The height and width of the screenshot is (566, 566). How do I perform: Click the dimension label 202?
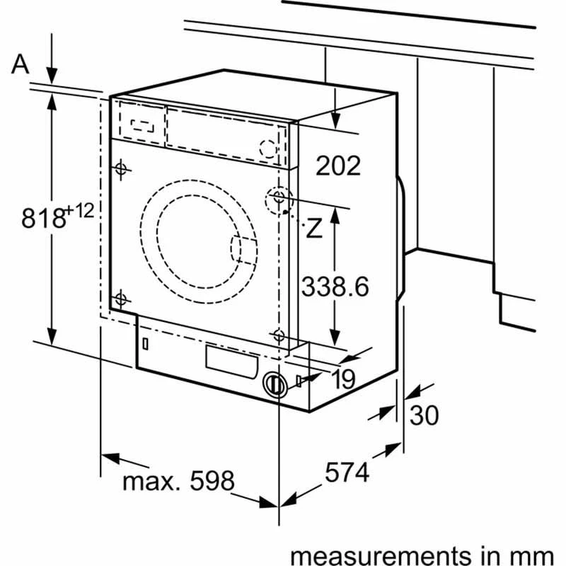point(338,166)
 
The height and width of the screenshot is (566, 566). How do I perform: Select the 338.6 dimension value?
point(335,287)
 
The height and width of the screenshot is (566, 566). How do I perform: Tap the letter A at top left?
point(21,64)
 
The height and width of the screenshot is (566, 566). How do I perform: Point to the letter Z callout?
point(313,228)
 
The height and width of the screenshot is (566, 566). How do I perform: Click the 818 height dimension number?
point(43,218)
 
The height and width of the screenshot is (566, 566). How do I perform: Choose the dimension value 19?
point(342,380)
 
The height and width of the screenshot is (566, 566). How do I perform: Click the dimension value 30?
point(424,415)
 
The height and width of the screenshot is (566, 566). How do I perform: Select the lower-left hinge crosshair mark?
point(120,299)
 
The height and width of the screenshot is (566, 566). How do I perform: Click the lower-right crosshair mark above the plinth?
point(279,335)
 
